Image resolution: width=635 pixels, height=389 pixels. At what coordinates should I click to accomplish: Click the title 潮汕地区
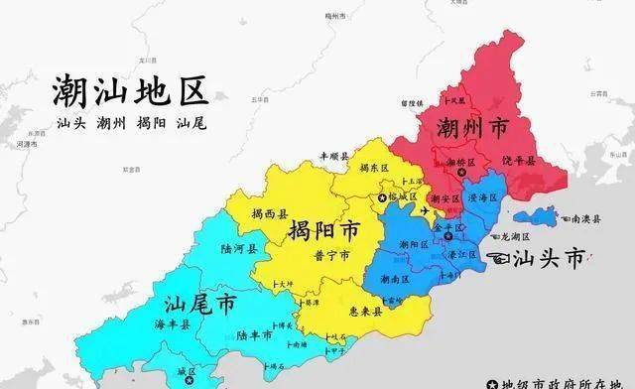(131, 92)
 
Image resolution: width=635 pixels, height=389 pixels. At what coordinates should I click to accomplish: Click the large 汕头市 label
(549, 260)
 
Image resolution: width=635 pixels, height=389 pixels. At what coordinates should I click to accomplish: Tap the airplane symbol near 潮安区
(428, 211)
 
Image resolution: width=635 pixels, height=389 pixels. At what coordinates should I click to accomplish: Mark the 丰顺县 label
(334, 157)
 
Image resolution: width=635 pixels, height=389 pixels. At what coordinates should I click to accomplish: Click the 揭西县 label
(269, 213)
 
